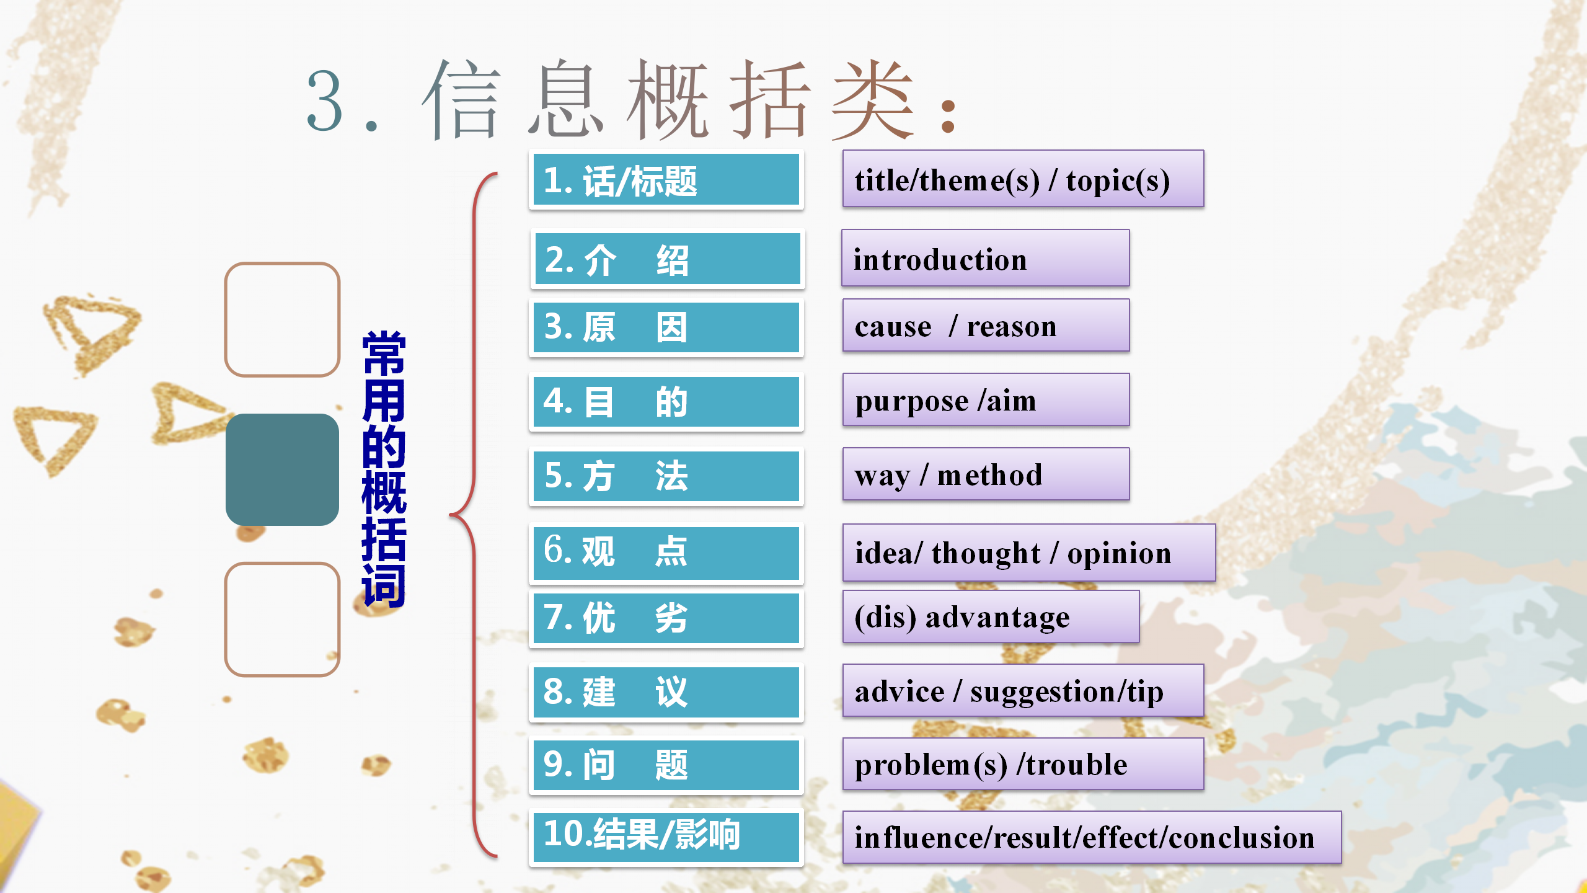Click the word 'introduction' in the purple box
pos(940,259)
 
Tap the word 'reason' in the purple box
pos(1012,326)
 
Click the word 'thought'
pos(986,553)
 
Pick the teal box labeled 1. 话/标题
pos(666,180)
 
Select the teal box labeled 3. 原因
pos(666,327)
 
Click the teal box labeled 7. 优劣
pos(666,618)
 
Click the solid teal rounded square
pos(282,469)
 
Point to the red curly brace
pos(474,515)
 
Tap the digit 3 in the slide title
pos(325,100)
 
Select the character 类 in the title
pos(872,99)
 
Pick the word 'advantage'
pos(997,618)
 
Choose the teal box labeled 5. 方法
pos(666,476)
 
